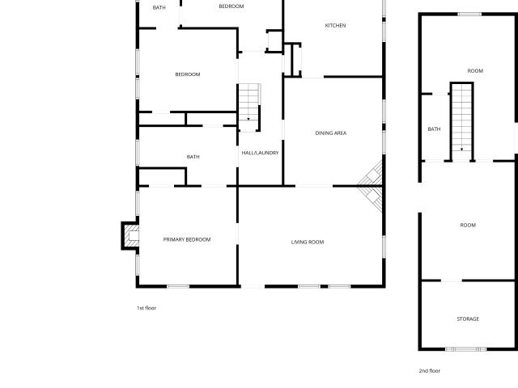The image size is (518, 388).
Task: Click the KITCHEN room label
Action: coord(335,25)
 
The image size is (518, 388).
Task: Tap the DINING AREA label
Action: coord(331,133)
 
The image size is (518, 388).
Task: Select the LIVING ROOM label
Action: coord(308,242)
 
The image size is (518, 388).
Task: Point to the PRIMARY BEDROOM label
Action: coord(187,239)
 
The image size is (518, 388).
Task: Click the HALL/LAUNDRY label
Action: coord(260,153)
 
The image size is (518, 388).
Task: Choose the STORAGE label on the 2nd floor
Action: coord(468,318)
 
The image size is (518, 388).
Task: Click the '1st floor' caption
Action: coord(146,308)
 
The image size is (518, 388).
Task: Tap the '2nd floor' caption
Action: coord(430,370)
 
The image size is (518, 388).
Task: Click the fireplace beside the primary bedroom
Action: coord(130,235)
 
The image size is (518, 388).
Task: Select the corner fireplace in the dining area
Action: coord(371,186)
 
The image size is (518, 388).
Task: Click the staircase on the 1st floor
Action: coord(249,108)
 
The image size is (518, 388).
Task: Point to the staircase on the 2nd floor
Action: coord(461,121)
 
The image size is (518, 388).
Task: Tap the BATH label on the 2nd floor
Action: coord(434,129)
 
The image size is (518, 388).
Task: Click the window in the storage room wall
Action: coord(466,349)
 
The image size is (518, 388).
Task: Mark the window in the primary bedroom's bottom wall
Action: coord(178,286)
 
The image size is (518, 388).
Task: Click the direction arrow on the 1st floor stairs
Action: coord(248,119)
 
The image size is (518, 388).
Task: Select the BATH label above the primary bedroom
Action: coord(193,157)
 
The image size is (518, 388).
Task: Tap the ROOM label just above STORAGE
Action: coord(468,225)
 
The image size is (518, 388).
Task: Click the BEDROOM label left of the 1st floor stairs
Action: coord(188,74)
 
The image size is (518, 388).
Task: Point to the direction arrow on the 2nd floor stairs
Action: coord(461,150)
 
